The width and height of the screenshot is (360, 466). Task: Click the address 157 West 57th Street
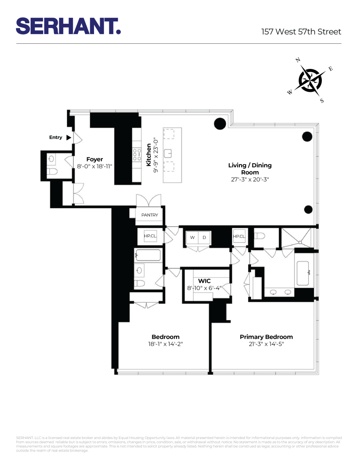pos(301,32)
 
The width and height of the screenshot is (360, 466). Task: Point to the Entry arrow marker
pos(68,137)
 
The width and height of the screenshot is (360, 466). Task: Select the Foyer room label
pos(95,159)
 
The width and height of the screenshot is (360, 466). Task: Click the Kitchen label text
pos(149,155)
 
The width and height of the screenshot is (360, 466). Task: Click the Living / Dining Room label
pos(250,169)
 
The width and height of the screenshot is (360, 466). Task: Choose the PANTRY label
pos(150,215)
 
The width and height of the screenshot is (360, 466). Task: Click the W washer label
pos(192,238)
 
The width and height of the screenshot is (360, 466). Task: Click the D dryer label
pos(204,238)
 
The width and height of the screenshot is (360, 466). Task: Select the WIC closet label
pos(204,281)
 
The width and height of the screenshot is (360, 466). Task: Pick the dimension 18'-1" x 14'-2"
pos(165,344)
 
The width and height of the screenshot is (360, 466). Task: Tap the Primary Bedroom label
pos(266,337)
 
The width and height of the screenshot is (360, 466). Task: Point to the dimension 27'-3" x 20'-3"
pos(250,179)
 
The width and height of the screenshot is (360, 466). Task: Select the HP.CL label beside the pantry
pos(150,236)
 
